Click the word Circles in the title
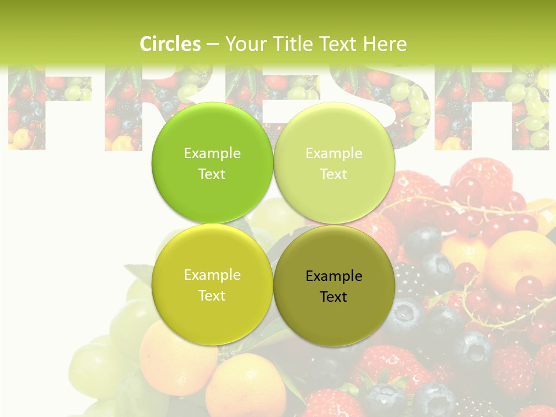[170, 44]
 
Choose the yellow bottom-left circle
[213, 313]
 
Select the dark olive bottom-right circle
[334, 316]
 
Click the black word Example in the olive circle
[334, 276]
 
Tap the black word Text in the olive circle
[334, 297]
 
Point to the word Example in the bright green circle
[213, 153]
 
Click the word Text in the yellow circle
[212, 296]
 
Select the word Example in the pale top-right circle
[334, 153]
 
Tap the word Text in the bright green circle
[212, 174]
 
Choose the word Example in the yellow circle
[213, 275]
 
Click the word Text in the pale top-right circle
[334, 174]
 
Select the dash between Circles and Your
[213, 44]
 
